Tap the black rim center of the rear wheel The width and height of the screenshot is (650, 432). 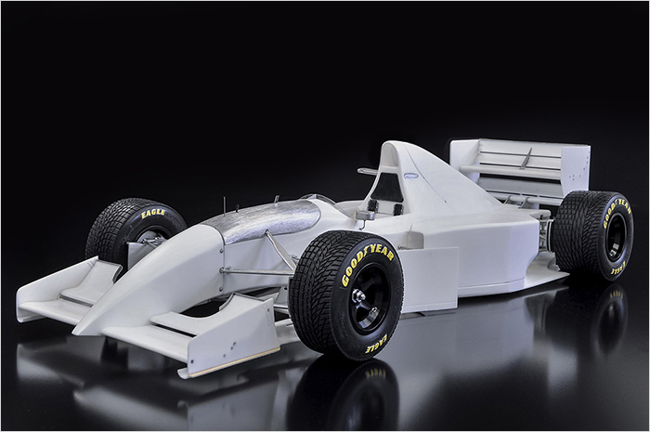(x=614, y=238)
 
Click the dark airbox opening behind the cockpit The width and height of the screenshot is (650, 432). (x=389, y=187)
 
